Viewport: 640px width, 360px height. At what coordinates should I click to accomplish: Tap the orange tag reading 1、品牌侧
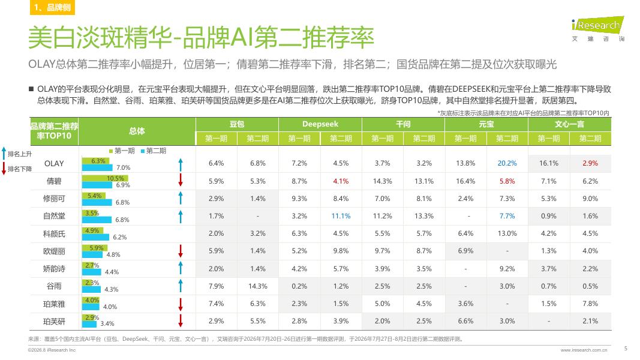(52, 7)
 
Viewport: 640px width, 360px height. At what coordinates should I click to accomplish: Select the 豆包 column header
(237, 124)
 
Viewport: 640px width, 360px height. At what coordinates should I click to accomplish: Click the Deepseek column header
(320, 124)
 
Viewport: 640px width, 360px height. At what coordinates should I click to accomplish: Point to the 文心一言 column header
(569, 124)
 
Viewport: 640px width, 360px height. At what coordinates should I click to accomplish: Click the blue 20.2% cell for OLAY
(507, 163)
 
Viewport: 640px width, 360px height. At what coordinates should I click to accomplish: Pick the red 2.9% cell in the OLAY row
(590, 163)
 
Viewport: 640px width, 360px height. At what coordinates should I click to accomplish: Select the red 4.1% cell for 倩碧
(341, 181)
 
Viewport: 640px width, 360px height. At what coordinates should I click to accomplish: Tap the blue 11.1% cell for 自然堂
(341, 216)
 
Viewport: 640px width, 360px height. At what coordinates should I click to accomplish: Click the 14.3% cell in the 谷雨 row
(257, 286)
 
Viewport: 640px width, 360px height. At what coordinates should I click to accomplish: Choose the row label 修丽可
(55, 199)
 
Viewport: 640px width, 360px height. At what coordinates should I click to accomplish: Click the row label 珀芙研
(55, 322)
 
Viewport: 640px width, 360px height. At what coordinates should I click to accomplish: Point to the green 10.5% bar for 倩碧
(105, 178)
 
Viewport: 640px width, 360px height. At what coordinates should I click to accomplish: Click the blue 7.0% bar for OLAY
(97, 167)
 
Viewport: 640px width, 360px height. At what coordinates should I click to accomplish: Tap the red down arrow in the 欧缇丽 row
(181, 251)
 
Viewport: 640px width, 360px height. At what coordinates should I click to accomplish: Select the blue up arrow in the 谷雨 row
(181, 286)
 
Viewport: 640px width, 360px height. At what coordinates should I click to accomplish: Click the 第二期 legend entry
(154, 151)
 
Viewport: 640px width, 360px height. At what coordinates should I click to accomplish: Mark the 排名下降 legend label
(20, 169)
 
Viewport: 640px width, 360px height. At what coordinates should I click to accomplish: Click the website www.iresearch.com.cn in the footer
(584, 350)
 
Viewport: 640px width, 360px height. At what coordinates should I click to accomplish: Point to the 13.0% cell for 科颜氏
(507, 233)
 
